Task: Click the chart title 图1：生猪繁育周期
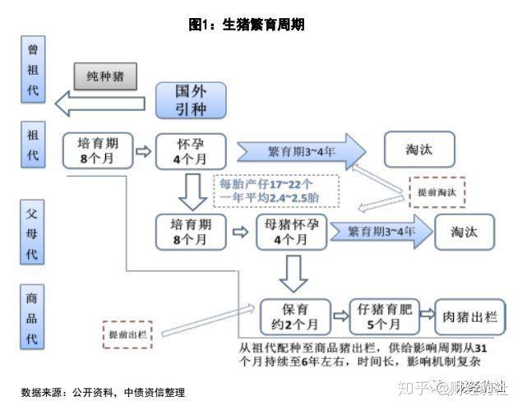tap(247, 25)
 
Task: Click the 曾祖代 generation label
tap(33, 70)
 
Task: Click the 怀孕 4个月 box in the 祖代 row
tap(190, 150)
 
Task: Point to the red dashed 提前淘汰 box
tap(437, 191)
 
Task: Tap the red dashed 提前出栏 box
tap(129, 335)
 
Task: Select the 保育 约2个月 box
tap(295, 316)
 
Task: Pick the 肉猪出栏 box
tap(465, 316)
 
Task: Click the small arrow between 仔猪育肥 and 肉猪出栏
tap(426, 315)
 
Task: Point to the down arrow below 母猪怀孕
tap(293, 272)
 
